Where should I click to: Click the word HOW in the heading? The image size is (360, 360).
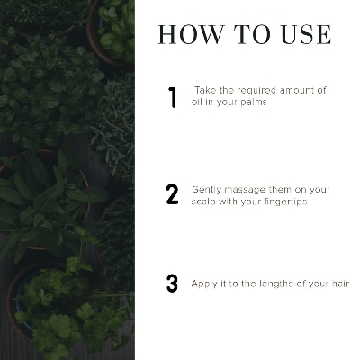pos(191,35)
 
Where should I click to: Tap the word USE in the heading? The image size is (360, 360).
pos(306,35)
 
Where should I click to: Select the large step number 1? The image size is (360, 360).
pos(172,97)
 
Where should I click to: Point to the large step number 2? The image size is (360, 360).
pos(172,194)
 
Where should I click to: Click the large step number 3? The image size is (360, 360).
pos(172,283)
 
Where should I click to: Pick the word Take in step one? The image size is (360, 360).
pos(205,90)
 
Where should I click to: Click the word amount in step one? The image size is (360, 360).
pos(292,90)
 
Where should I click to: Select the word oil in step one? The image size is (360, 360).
pos(195,102)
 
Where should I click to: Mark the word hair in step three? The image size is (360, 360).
pos(341,283)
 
